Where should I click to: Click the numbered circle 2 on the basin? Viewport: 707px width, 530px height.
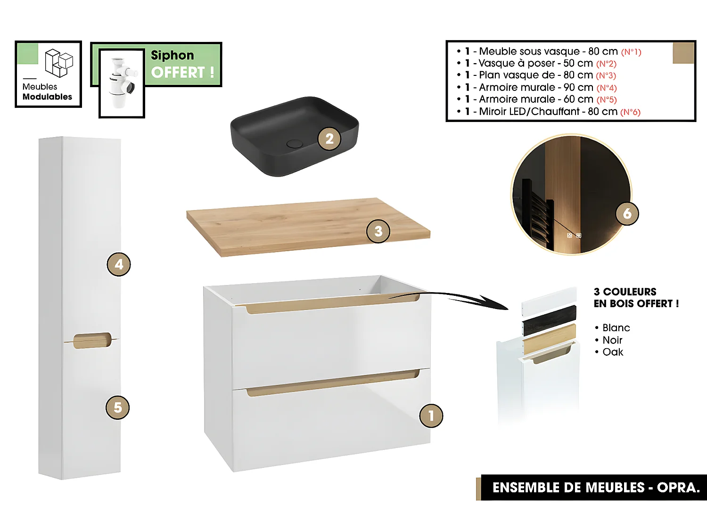[329, 139]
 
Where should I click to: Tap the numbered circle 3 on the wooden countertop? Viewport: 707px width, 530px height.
[378, 231]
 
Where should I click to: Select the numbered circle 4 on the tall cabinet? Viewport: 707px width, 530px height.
[119, 264]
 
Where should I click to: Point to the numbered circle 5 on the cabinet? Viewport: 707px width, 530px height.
[118, 408]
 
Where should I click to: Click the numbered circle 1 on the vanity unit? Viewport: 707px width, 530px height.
[431, 416]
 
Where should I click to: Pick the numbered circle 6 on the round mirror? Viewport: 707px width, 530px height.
[627, 213]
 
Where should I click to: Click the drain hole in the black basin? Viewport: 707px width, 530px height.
[295, 143]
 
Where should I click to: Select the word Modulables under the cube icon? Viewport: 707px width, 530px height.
[47, 97]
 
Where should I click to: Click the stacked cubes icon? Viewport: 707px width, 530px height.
[59, 63]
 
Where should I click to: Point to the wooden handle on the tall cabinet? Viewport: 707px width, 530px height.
[92, 340]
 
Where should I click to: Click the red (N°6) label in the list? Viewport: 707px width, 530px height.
[630, 112]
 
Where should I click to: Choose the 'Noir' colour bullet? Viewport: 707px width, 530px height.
[612, 340]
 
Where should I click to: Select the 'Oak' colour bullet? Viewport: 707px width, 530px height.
[612, 352]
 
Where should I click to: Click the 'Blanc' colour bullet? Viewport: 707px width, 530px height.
[616, 328]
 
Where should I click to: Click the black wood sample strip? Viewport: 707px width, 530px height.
[549, 320]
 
